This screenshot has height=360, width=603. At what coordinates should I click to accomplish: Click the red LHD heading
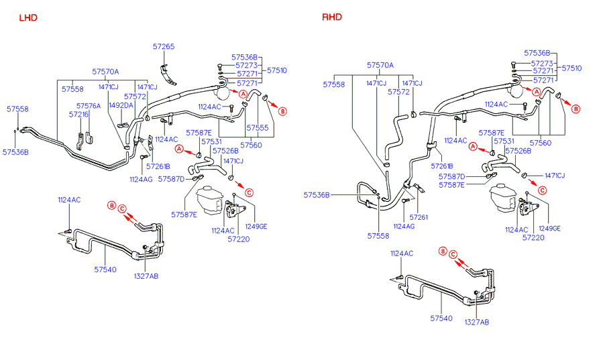click(28, 17)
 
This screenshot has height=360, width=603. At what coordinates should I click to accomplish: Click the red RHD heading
click(335, 17)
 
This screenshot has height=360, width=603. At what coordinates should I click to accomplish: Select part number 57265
click(163, 47)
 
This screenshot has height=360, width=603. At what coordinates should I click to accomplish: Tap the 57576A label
click(88, 106)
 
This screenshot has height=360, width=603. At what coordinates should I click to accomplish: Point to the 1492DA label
click(121, 106)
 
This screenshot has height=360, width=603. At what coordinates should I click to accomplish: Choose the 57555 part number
click(258, 127)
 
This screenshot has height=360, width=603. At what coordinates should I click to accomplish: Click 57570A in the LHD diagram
click(105, 72)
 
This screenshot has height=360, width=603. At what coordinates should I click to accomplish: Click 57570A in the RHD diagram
click(380, 66)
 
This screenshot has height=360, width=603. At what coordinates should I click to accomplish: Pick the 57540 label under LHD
click(105, 269)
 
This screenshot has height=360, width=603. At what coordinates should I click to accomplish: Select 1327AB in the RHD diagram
click(477, 322)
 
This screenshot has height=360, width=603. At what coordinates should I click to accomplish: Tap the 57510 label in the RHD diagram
click(572, 68)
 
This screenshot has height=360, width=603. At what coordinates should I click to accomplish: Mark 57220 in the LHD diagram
click(237, 239)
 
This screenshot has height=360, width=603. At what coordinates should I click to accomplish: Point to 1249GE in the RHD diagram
click(549, 229)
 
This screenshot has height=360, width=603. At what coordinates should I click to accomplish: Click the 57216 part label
click(78, 115)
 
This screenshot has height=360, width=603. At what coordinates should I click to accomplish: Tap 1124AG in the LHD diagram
click(141, 179)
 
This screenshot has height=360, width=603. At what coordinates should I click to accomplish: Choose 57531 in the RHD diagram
click(504, 141)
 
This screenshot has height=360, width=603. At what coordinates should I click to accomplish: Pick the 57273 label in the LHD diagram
click(247, 66)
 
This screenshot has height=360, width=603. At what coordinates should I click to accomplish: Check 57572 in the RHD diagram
click(398, 93)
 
